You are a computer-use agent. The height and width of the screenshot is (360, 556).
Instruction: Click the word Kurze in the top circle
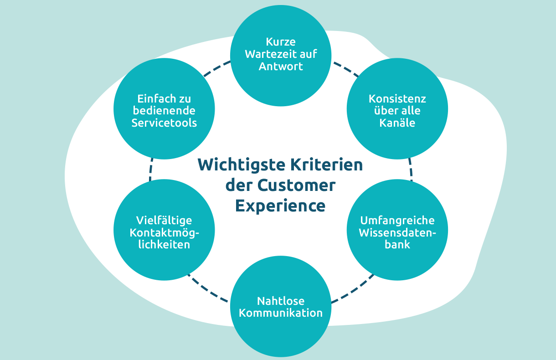click(x=281, y=42)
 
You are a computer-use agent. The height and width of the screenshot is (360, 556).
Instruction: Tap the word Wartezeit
click(x=266, y=54)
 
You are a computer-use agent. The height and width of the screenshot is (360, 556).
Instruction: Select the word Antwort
click(x=281, y=66)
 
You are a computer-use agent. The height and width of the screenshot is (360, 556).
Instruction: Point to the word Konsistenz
click(x=397, y=99)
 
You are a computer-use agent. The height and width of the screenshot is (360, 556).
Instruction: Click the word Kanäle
click(x=397, y=123)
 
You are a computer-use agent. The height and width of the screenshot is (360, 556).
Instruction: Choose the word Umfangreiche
click(x=397, y=221)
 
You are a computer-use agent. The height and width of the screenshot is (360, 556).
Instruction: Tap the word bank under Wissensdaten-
click(x=397, y=245)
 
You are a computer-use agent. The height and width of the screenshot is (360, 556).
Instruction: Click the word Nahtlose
click(x=281, y=301)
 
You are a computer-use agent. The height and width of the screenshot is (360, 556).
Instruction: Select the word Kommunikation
click(x=281, y=314)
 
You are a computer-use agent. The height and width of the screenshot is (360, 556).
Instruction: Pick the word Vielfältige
click(x=165, y=221)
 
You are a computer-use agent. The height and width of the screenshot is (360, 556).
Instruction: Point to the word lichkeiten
click(x=165, y=245)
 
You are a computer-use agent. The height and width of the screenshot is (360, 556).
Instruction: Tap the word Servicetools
click(x=165, y=123)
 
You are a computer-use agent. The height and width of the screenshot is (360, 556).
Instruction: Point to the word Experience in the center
click(x=280, y=206)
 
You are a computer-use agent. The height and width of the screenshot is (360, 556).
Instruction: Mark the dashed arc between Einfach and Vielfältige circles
click(x=150, y=170)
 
